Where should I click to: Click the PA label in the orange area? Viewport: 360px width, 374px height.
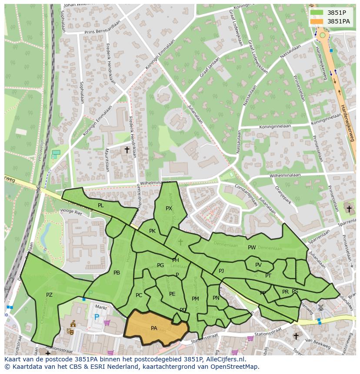[154, 328]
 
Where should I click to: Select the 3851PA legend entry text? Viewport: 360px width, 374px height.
[338, 21]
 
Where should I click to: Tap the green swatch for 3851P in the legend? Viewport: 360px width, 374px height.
[317, 13]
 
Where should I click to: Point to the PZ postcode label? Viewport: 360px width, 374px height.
[49, 295]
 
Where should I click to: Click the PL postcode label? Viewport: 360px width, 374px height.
[101, 205]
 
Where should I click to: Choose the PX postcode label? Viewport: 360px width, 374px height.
[169, 209]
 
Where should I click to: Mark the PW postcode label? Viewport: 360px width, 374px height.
[252, 248]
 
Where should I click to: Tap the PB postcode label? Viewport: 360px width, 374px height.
[117, 273]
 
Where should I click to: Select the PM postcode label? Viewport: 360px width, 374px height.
[195, 299]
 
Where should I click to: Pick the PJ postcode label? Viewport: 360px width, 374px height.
[221, 271]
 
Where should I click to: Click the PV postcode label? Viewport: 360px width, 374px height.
[258, 265]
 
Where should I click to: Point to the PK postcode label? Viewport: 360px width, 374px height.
[152, 231]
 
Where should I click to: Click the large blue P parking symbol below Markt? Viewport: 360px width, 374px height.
[97, 318]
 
